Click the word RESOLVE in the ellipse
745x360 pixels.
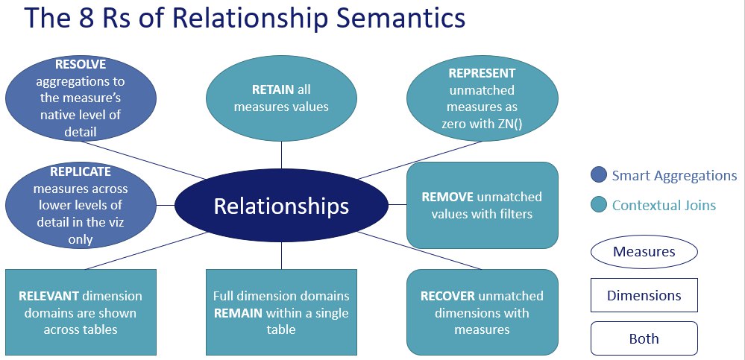[81, 63]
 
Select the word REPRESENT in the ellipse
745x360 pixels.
[482, 74]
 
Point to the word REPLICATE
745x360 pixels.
[81, 171]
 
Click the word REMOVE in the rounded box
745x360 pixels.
[447, 197]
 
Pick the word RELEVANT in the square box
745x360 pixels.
[48, 296]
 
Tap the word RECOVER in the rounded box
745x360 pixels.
[447, 296]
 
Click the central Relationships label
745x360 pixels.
[281, 206]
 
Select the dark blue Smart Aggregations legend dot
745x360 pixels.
[599, 174]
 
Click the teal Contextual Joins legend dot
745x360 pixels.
[599, 205]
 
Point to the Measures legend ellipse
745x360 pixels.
[644, 252]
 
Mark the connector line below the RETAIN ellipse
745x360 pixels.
[282, 155]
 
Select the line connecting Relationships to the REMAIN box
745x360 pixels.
[282, 256]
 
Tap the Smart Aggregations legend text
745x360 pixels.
[674, 176]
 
